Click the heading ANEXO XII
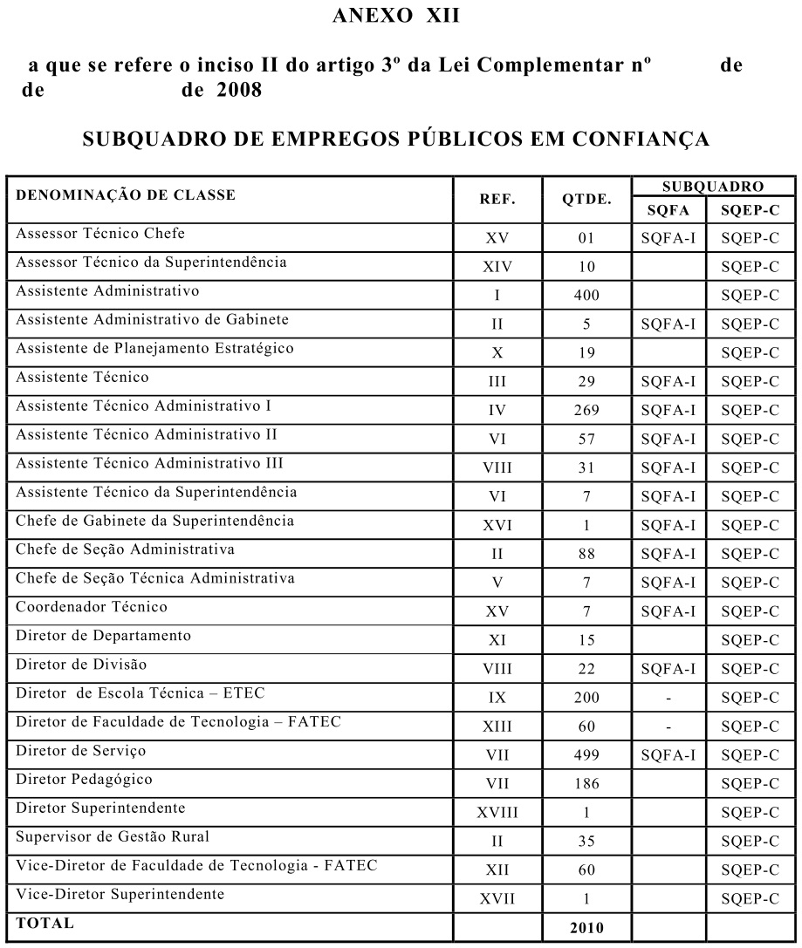coord(400,17)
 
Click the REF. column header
coord(497,198)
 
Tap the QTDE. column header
coord(586,198)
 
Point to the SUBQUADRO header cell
coord(713,186)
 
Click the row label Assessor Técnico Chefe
coord(100,234)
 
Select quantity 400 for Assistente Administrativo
coord(586,295)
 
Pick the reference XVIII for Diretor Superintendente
coord(497,813)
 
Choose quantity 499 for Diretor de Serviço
coord(586,755)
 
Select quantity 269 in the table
coord(586,410)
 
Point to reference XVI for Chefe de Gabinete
coord(497,525)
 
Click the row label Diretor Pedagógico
coord(84,780)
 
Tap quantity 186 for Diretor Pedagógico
coord(586,784)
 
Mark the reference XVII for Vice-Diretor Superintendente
coord(497,899)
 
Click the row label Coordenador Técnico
coord(92,607)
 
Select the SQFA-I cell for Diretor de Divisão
coord(668,669)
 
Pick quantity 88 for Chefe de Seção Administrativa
coord(586,554)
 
